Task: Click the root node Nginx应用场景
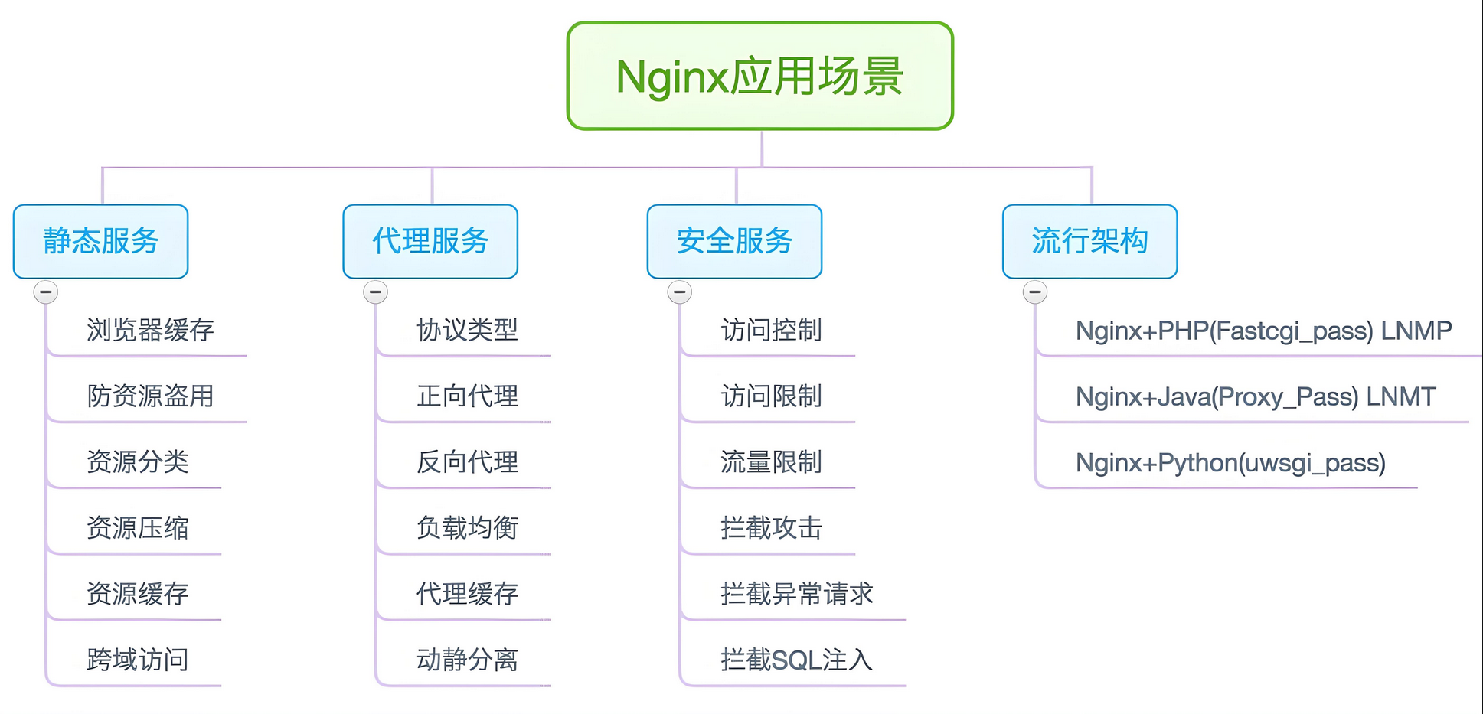tap(759, 77)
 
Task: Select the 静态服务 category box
tap(100, 241)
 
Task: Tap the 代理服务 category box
tap(430, 241)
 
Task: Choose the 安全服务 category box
tap(734, 241)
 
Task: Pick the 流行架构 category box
tap(1089, 241)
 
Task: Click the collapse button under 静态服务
tap(46, 292)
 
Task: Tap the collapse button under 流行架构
tap(1035, 292)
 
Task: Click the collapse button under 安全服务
tap(680, 292)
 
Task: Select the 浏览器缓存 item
tap(150, 331)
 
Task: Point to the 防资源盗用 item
tap(150, 396)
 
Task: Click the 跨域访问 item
tap(138, 660)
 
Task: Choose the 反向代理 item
tap(467, 462)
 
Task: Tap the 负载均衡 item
tap(467, 528)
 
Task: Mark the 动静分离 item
tap(467, 660)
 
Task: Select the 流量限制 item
tap(771, 462)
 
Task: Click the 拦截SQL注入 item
tap(796, 660)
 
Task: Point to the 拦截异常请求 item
tap(796, 594)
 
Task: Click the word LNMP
tap(1416, 331)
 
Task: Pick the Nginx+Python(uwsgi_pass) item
tap(1230, 463)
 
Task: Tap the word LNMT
tap(1401, 396)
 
